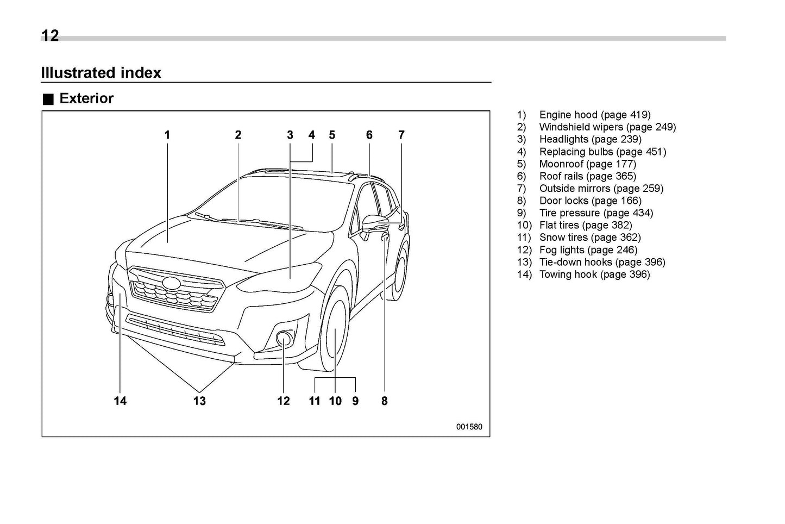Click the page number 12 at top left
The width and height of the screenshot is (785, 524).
(50, 36)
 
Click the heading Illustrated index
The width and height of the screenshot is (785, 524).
(101, 73)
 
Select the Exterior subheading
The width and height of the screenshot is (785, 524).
(86, 98)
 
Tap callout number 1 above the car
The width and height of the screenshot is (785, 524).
(167, 135)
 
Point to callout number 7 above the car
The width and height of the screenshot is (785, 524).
(401, 135)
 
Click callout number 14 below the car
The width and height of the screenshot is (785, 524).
(120, 401)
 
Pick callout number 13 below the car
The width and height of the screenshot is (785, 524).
(199, 401)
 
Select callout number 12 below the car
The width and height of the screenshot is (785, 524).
(284, 401)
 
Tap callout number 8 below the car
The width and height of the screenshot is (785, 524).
(384, 401)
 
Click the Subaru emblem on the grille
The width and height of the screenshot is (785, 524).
(172, 283)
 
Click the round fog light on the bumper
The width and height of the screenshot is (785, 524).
(284, 339)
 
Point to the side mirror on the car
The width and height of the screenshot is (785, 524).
(375, 223)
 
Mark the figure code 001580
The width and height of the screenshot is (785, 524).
(469, 427)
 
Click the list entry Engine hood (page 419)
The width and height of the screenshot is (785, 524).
(594, 115)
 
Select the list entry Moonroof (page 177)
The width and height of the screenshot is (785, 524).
(587, 164)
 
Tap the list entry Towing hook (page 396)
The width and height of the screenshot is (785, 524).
(594, 274)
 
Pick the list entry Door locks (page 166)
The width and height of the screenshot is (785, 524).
(590, 201)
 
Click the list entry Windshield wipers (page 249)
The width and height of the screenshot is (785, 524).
(607, 127)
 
